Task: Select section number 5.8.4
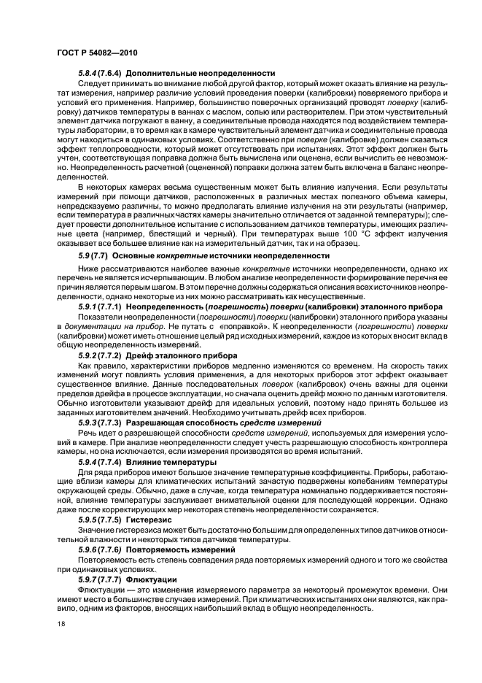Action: click(90, 73)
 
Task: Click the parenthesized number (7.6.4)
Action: click(117, 73)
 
